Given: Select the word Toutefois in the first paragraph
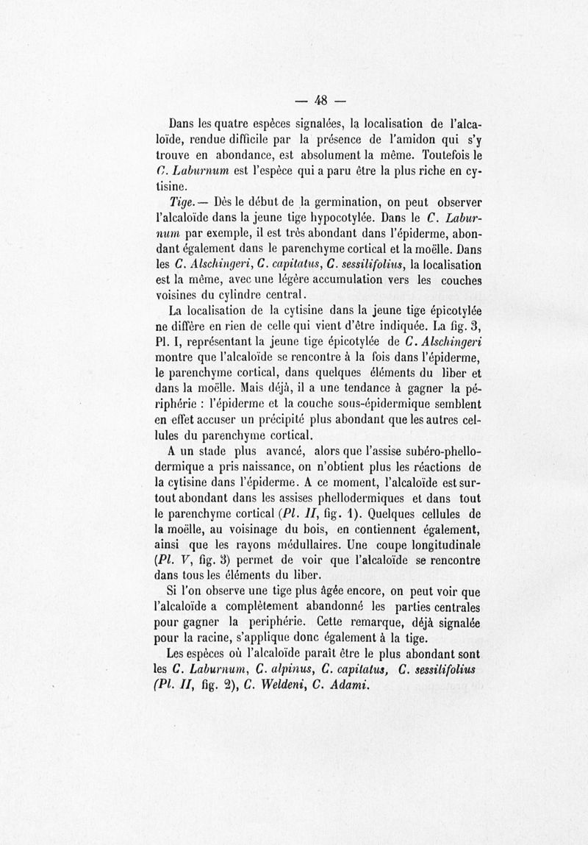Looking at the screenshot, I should click(444, 155).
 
